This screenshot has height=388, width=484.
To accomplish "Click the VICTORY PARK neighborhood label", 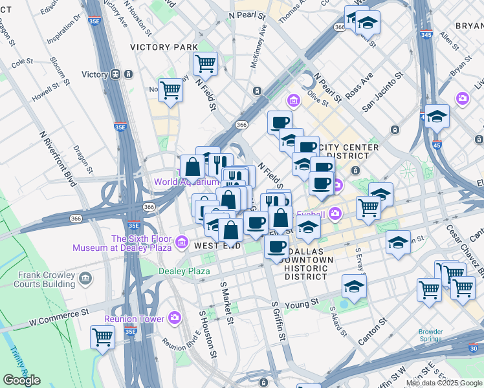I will click(x=164, y=47).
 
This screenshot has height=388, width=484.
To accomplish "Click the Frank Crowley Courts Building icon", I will click(x=85, y=279).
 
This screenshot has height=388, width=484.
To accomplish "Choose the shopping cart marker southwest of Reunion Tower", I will click(x=102, y=336).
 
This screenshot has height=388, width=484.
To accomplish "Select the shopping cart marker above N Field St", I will click(x=204, y=63).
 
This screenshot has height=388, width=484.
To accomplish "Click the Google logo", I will click(x=21, y=380).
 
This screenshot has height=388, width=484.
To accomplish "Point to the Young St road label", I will click(x=306, y=301).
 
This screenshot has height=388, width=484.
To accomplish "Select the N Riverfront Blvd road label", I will click(x=58, y=159).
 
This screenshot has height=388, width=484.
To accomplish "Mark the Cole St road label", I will click(x=22, y=62).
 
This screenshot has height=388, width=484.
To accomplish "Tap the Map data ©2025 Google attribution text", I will click(x=444, y=383).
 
